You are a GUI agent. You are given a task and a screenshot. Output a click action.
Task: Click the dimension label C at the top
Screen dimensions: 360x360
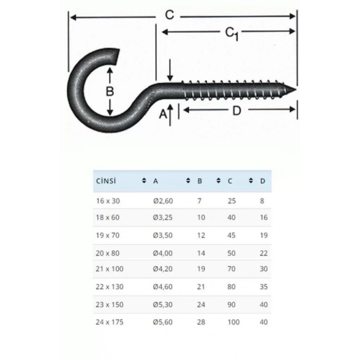tap(169, 15)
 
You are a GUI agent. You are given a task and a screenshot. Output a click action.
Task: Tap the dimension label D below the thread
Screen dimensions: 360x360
tap(237, 110)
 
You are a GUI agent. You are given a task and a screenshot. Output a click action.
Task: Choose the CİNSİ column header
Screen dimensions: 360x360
tap(105, 181)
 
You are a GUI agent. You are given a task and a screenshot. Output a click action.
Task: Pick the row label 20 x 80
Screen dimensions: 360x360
tap(107, 253)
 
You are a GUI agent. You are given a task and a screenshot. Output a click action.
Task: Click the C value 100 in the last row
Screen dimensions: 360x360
tap(233, 322)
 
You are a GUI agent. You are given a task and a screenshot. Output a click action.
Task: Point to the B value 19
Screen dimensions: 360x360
tap(201, 268)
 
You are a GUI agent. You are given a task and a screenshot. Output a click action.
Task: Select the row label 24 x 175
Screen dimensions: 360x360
tap(110, 322)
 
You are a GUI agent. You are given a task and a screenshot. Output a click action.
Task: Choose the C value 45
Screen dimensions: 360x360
tap(231, 236)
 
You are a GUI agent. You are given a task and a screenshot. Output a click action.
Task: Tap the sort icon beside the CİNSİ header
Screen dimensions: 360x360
tap(143, 181)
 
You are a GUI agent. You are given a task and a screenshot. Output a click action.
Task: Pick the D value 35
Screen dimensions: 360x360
tap(264, 286)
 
